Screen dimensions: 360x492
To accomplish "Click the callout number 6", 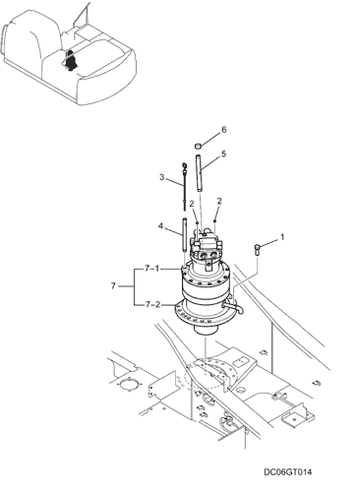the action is [224, 130].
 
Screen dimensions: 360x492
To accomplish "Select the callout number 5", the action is [224, 154].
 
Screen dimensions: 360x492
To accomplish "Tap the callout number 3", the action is [161, 177].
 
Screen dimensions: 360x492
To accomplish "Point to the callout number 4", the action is [160, 226].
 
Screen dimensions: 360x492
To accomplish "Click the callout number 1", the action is [282, 237].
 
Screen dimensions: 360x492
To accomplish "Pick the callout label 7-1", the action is [152, 269].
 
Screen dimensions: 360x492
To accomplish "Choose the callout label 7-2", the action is [152, 305].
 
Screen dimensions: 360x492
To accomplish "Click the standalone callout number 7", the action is [113, 286].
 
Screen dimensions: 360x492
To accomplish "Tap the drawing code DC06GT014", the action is [288, 472].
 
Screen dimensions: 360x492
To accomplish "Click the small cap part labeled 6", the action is [198, 145].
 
